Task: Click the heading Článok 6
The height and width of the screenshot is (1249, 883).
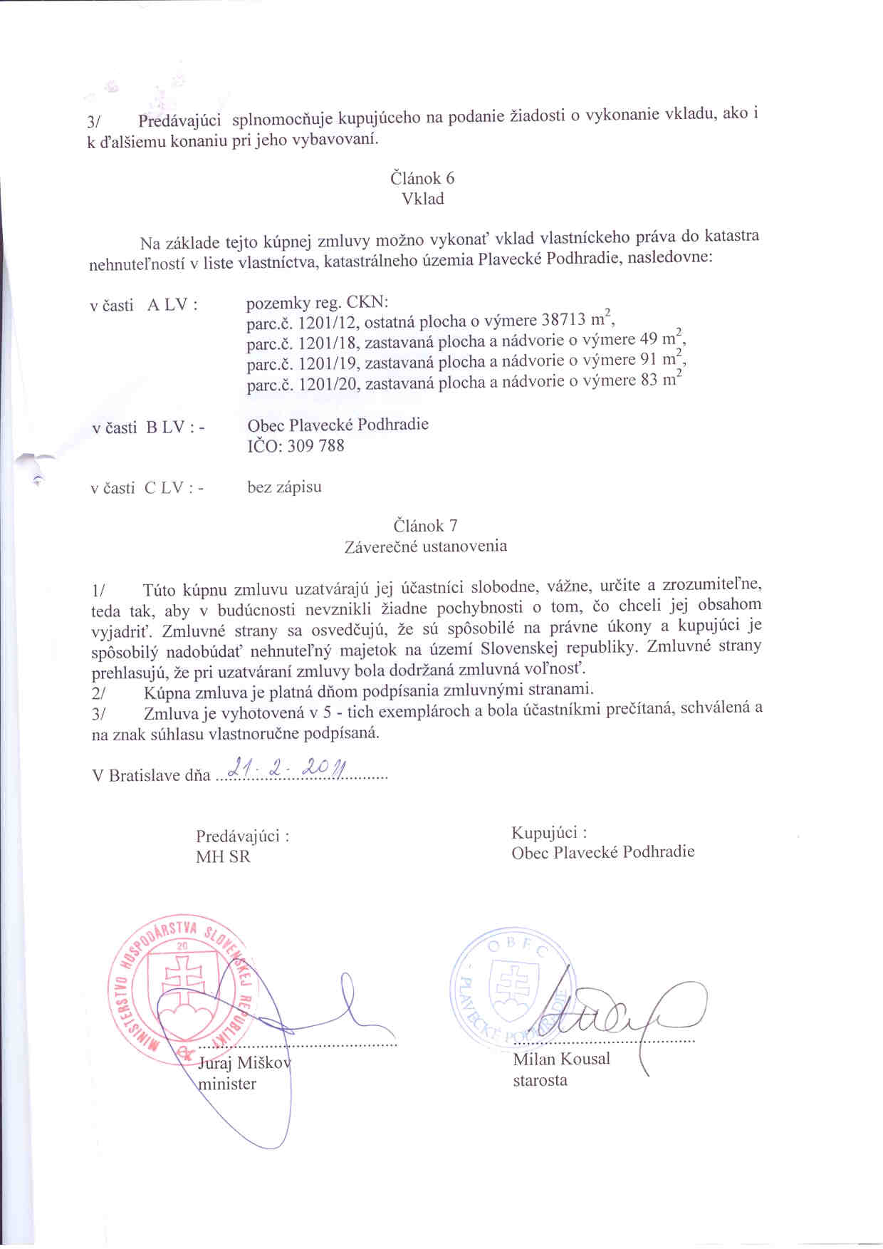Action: coord(422,178)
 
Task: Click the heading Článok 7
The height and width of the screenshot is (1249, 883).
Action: coord(425,526)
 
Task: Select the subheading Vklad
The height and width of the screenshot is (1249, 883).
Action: coord(423,199)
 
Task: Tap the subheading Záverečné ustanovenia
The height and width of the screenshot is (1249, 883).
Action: coord(425,546)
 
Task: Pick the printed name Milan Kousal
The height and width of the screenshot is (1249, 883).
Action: coord(561,1059)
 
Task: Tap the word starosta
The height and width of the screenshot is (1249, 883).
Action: coord(540,1080)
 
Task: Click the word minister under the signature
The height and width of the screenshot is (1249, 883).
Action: coord(227,1084)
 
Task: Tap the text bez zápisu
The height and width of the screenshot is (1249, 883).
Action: coord(284,487)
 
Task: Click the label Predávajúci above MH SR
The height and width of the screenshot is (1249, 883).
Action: coord(242,836)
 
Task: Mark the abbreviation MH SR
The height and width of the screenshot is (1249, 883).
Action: coord(223,856)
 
